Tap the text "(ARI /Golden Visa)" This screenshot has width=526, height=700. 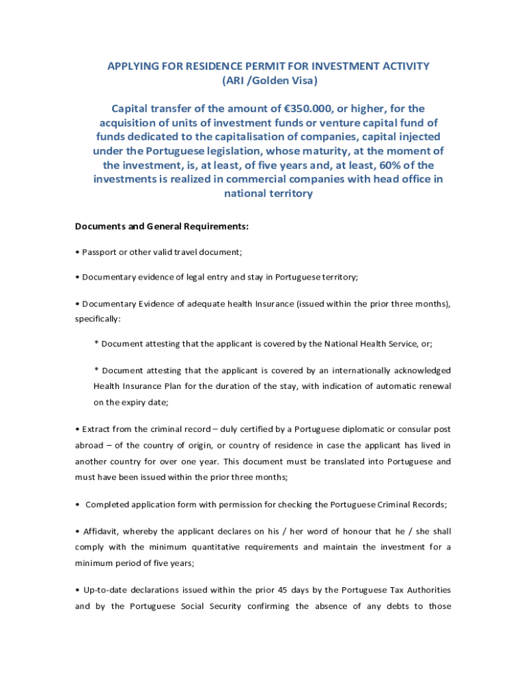pos(268,81)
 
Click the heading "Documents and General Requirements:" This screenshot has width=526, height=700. pos(162,226)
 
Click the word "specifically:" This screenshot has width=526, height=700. pos(98,319)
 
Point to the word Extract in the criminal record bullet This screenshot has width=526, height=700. pos(96,429)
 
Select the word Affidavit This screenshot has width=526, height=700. pos(100,531)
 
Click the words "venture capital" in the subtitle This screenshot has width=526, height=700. pos(372,123)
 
